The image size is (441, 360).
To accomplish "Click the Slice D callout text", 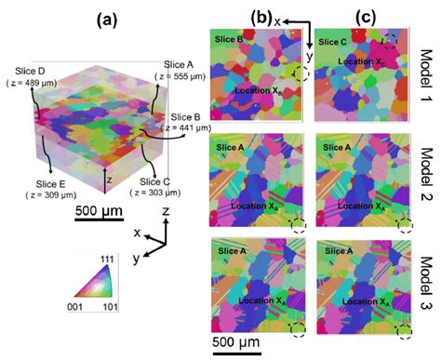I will click(x=34, y=69).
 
